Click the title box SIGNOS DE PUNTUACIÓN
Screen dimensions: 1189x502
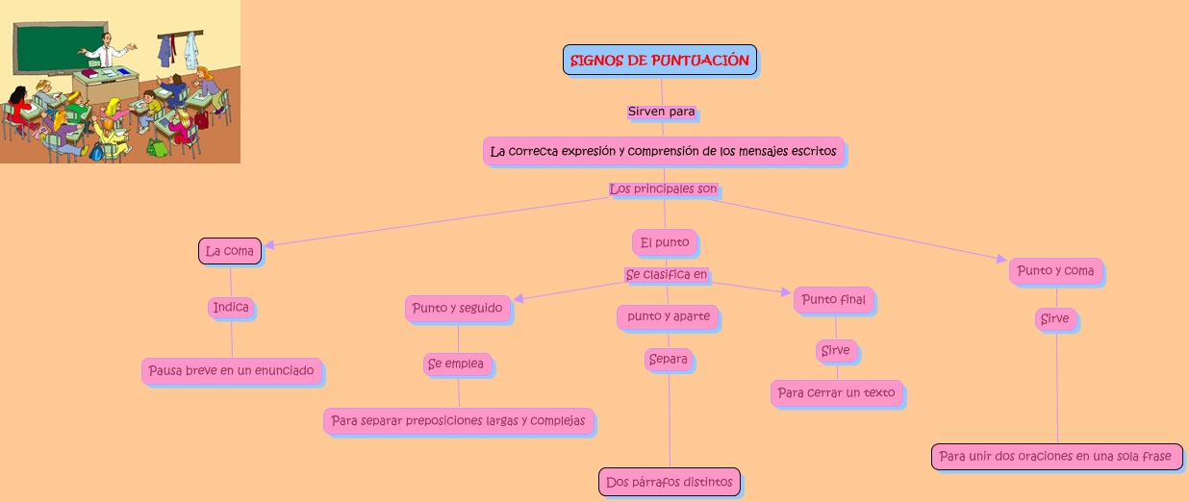660,60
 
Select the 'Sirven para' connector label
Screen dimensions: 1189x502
661,112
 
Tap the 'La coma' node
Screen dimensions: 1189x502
230,251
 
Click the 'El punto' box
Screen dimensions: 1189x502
665,242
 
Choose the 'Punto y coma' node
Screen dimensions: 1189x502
1055,271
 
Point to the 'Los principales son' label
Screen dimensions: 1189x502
663,189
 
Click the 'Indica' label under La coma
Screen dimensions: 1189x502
231,308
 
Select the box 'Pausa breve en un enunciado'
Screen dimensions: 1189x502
231,370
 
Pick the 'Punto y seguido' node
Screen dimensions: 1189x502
457,309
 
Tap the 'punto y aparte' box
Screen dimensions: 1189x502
669,316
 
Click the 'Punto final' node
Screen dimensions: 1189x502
833,300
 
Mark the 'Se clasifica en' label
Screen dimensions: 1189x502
667,275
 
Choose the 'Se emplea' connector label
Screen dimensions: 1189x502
457,364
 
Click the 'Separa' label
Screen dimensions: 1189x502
669,360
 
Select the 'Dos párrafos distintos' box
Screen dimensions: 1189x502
670,482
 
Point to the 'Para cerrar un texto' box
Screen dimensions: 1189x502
836,392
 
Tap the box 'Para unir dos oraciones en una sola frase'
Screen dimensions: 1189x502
1056,457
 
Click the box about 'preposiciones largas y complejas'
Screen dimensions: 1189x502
458,421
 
